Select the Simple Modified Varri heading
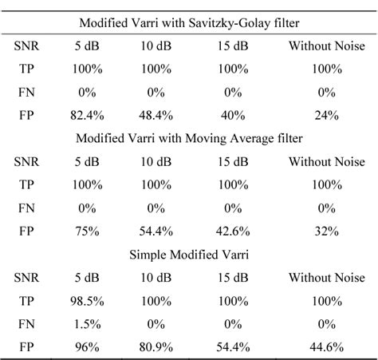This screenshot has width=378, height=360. tap(188, 254)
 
